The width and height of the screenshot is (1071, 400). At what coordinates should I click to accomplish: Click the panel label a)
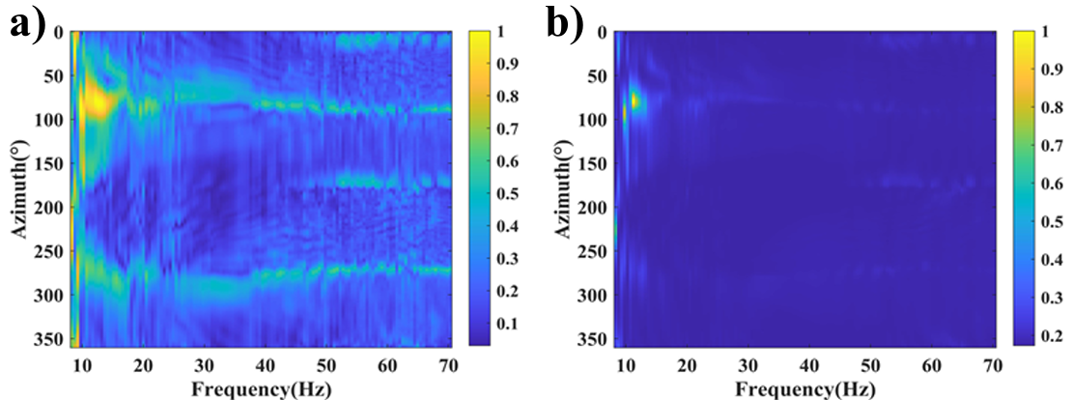coord(26,23)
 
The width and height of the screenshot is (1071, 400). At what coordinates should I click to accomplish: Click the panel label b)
coord(565,23)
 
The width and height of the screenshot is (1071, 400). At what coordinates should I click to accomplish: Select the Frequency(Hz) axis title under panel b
coord(805,388)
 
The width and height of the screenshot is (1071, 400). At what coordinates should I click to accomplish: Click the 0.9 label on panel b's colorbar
coord(1050,69)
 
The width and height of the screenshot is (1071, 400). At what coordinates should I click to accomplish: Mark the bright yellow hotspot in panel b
coord(634,100)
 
